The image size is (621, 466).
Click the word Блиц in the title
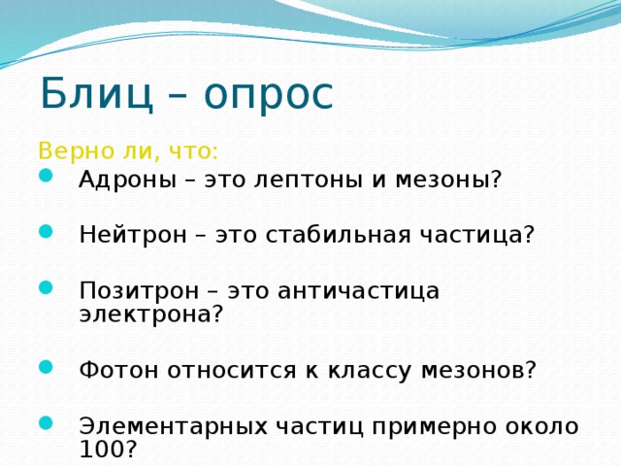97,93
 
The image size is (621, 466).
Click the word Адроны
127,181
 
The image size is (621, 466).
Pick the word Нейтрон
133,235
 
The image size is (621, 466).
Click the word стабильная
339,235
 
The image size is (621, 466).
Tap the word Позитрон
139,291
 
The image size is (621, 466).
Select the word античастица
359,291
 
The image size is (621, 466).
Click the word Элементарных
174,427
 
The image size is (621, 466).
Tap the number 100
102,449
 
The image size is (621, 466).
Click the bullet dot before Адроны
46,176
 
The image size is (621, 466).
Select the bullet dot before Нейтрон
46,231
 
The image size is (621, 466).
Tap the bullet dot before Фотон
46,367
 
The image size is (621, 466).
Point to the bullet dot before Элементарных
46,423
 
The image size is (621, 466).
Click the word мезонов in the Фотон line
473,371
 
